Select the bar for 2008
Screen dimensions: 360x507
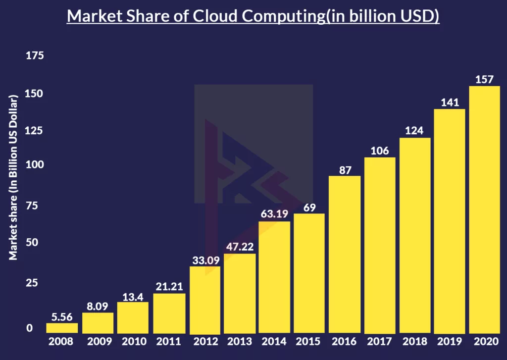62,328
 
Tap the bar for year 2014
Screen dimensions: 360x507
274,277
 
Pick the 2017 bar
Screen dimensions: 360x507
380,245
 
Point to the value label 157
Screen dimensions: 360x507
484,79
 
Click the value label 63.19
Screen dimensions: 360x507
274,215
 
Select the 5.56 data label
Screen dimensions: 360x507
62,317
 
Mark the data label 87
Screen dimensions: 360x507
345,170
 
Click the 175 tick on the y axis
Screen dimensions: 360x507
35,55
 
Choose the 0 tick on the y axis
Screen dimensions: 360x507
29,328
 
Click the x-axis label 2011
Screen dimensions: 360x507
168,341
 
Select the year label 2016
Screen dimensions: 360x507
345,341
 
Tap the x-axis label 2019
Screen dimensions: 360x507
450,341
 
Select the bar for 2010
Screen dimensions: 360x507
133,317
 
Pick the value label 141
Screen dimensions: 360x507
450,103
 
